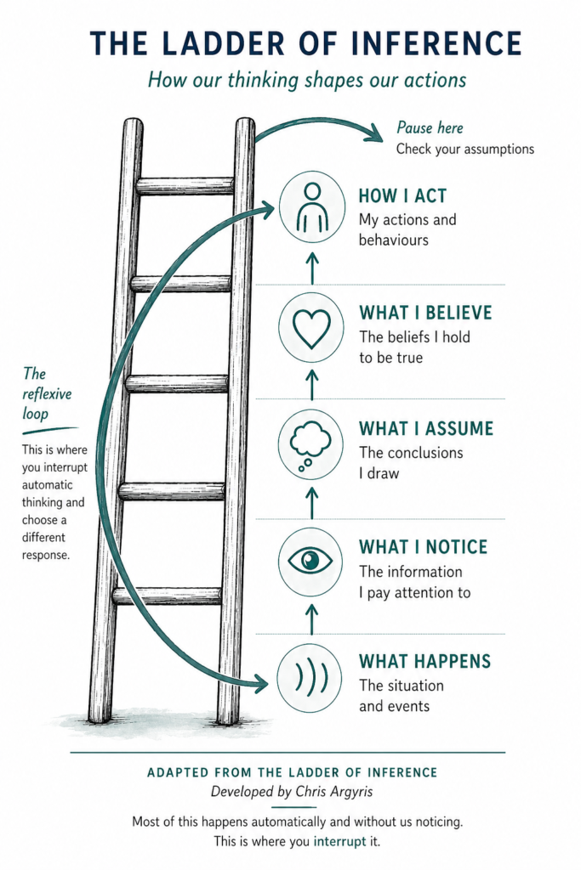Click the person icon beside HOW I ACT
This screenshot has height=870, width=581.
[312, 207]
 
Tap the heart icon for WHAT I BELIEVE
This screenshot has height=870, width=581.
[311, 329]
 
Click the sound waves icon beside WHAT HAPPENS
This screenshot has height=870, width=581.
[311, 678]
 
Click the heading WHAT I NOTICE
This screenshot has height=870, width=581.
[424, 547]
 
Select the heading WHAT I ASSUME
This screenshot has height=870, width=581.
[426, 429]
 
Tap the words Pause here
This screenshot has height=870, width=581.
[430, 127]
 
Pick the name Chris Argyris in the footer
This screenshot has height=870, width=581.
[333, 791]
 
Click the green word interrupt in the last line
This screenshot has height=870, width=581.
[340, 841]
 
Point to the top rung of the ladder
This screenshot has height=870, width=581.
[185, 186]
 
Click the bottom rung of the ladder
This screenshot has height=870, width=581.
[168, 596]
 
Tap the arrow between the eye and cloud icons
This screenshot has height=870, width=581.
[312, 503]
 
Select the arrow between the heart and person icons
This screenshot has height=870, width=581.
[312, 268]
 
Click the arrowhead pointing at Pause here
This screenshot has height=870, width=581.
[375, 133]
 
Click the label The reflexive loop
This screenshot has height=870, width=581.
[47, 394]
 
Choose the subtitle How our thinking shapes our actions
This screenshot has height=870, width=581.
[306, 80]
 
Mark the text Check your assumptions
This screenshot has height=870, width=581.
[465, 150]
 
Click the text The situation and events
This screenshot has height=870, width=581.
[401, 696]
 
